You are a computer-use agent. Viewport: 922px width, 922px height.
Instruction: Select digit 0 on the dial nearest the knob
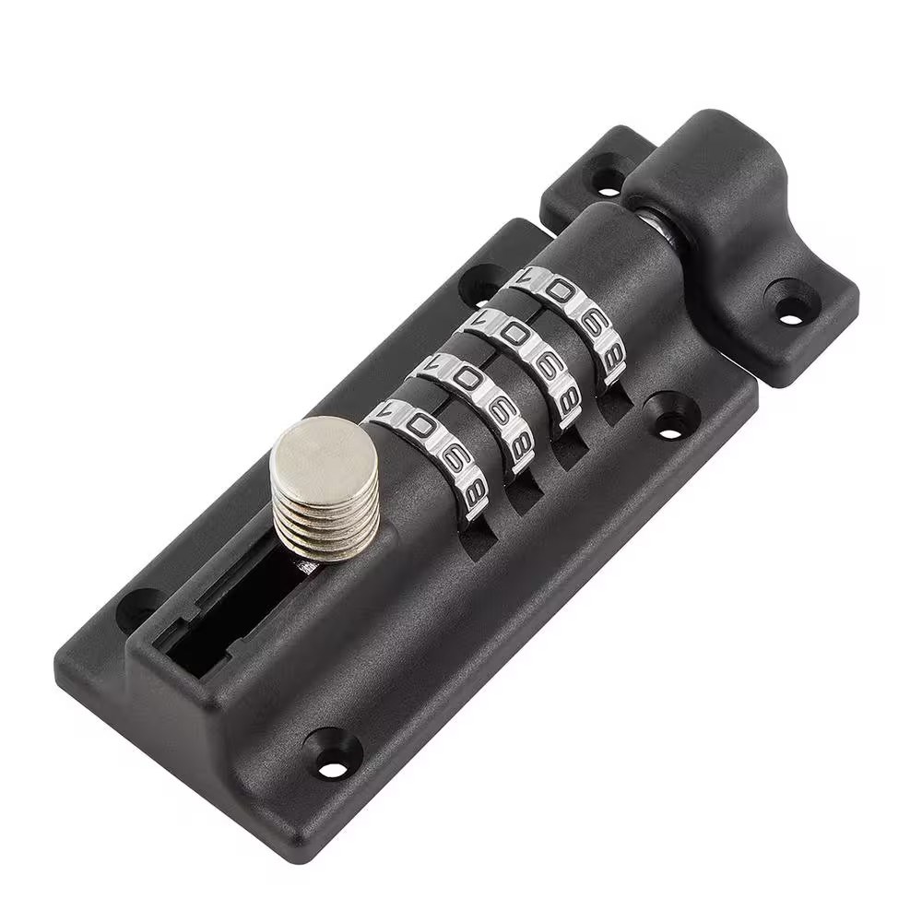pyautogui.click(x=421, y=427)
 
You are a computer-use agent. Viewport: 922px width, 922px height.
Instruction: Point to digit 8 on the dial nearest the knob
pyautogui.click(x=475, y=492)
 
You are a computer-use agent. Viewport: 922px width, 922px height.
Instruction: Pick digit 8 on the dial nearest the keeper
pyautogui.click(x=611, y=356)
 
